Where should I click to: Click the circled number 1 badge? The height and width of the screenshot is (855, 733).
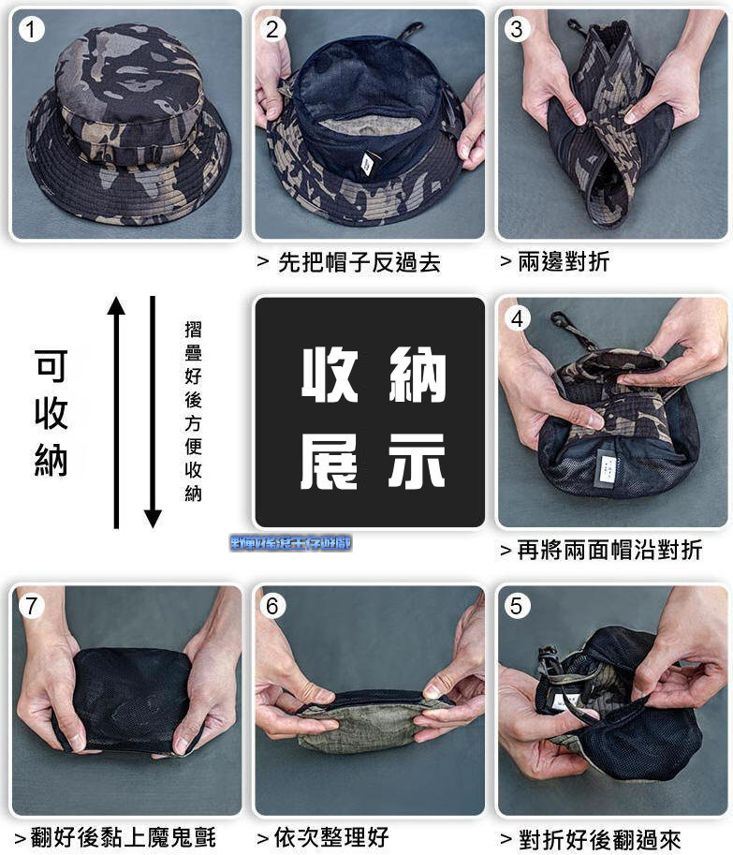point(32,30)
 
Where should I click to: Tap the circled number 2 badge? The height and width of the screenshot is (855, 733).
point(272,30)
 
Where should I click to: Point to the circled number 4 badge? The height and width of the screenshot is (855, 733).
point(517,318)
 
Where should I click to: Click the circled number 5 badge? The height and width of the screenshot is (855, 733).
point(517,606)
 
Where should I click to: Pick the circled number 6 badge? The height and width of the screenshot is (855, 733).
point(272,606)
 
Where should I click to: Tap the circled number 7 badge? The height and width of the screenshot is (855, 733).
point(32,606)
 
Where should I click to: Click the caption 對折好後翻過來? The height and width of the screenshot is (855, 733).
point(591,839)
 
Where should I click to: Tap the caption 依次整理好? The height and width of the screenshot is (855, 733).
point(323,836)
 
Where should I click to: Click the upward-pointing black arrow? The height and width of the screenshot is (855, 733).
point(116,412)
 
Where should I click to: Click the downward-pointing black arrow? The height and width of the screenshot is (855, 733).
point(153,412)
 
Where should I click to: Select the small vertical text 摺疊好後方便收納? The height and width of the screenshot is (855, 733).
point(193,410)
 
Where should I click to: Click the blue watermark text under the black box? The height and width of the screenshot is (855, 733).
point(291,542)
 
